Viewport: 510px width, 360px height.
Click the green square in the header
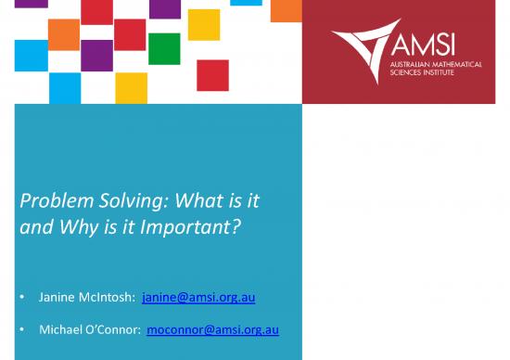(163, 49)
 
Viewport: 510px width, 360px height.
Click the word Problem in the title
(50, 200)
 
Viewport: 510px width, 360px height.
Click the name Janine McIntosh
(86, 298)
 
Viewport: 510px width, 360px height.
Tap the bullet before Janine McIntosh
(21, 299)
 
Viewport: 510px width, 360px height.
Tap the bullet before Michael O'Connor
(21, 330)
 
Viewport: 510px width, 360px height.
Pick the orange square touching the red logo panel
(287, 8)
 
